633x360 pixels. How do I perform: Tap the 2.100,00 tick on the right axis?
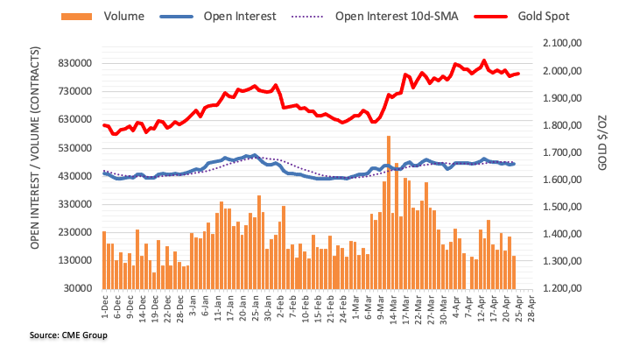pyautogui.click(x=567, y=43)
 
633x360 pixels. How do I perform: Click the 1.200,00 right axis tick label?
pyautogui.click(x=567, y=288)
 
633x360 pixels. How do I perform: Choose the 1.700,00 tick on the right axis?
pyautogui.click(x=567, y=152)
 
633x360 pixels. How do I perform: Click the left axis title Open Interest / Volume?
pyautogui.click(x=36, y=166)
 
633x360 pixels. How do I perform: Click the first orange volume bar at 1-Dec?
pyautogui.click(x=103, y=259)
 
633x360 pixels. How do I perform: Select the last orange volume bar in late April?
pyautogui.click(x=514, y=272)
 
